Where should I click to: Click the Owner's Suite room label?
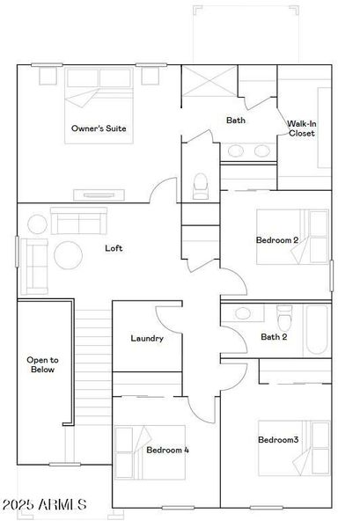tap(99, 128)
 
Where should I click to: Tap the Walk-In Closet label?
tap(301, 128)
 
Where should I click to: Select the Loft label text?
tap(114, 248)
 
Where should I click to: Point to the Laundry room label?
tap(147, 338)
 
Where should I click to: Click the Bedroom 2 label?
tap(277, 240)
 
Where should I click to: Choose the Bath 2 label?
tap(274, 336)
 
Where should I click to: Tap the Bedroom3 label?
tap(278, 440)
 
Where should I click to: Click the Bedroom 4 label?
tap(167, 450)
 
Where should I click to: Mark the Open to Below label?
tap(42, 364)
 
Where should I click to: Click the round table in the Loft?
tap(69, 256)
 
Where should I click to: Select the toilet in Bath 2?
tap(283, 314)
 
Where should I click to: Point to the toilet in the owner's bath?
tap(200, 185)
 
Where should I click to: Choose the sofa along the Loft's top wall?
tap(76, 220)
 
